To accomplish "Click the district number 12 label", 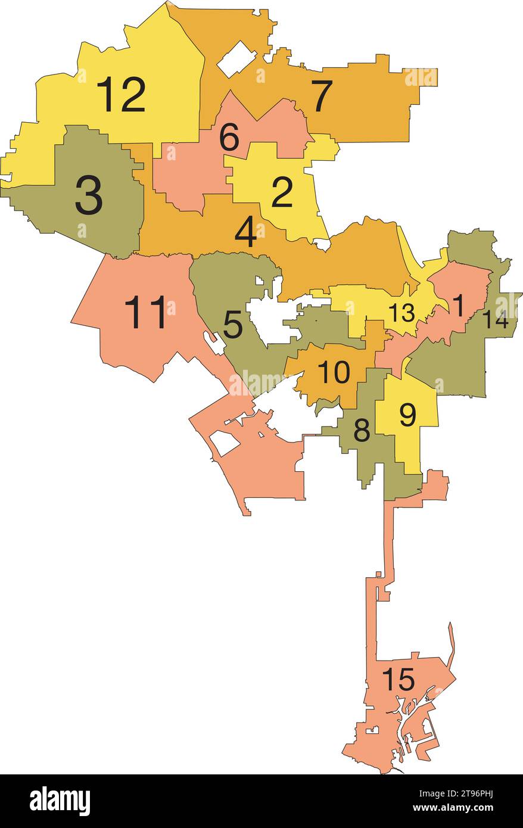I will point(121,95).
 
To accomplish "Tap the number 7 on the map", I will point(322,96).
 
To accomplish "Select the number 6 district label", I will point(229,138).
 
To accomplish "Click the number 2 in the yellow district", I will point(282,192).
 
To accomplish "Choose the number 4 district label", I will point(245,233).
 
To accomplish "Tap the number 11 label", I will point(145,313).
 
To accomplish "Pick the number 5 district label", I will point(233,325).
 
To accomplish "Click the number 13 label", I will point(401,313).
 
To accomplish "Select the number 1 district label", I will point(457,306).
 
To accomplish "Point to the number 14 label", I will point(495,320).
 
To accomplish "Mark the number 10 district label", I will point(334,373).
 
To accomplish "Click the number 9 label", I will point(407,415).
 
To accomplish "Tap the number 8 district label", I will point(362,431).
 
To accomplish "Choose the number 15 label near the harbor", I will point(398,680).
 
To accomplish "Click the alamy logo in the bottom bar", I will point(60,801).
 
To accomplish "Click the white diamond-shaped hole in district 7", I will point(236,58).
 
